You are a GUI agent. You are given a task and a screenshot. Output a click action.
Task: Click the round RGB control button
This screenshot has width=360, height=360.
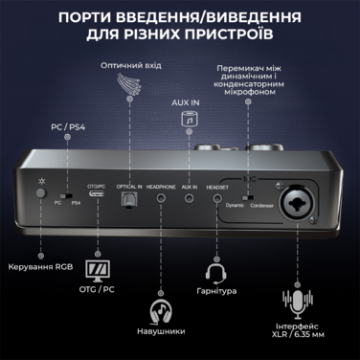40,193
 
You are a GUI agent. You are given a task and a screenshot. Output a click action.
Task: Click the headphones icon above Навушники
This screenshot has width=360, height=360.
160,313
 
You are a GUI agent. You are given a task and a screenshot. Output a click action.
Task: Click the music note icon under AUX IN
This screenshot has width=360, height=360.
189,120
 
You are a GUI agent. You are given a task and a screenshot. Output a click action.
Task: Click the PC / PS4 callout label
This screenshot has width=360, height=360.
66,125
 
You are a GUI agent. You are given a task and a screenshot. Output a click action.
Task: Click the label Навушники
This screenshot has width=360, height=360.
160,340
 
